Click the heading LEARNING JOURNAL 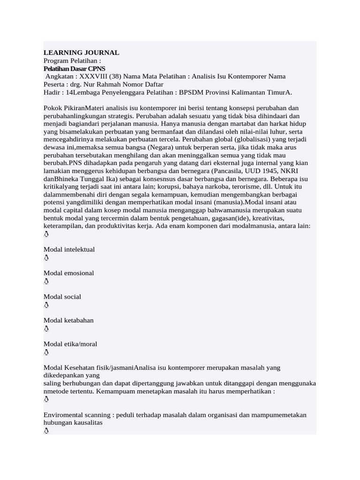(81, 52)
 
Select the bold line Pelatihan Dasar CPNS (75, 68)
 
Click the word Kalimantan (248, 92)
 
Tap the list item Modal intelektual (69, 249)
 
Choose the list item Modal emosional (69, 273)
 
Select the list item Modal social (62, 297)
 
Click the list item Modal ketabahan (68, 320)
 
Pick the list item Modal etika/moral (70, 344)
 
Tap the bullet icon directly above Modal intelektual (46, 234)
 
